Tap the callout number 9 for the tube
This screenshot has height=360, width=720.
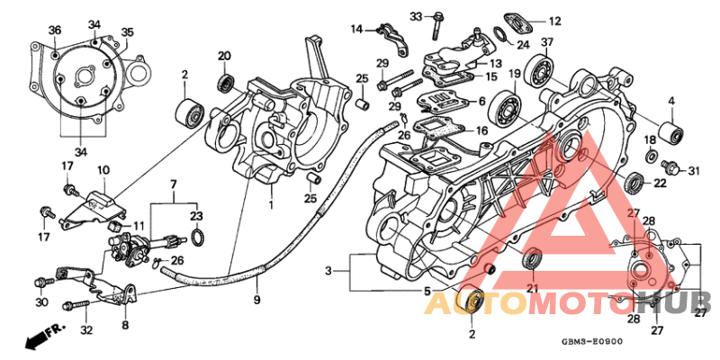tap(256, 299)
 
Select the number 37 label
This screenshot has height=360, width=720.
tap(547, 43)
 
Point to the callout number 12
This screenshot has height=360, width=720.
tap(553, 20)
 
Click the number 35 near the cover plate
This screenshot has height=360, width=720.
tap(127, 32)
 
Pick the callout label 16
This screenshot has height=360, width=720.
tap(481, 130)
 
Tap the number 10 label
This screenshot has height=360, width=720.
tap(103, 169)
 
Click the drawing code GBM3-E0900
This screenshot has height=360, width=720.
tap(591, 343)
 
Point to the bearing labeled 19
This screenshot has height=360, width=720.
tap(508, 106)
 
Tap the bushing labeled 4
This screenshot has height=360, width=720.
tap(670, 133)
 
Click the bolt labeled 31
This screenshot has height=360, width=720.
tap(670, 167)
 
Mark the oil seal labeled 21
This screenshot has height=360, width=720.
tap(533, 258)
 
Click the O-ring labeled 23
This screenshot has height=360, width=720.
tap(197, 237)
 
